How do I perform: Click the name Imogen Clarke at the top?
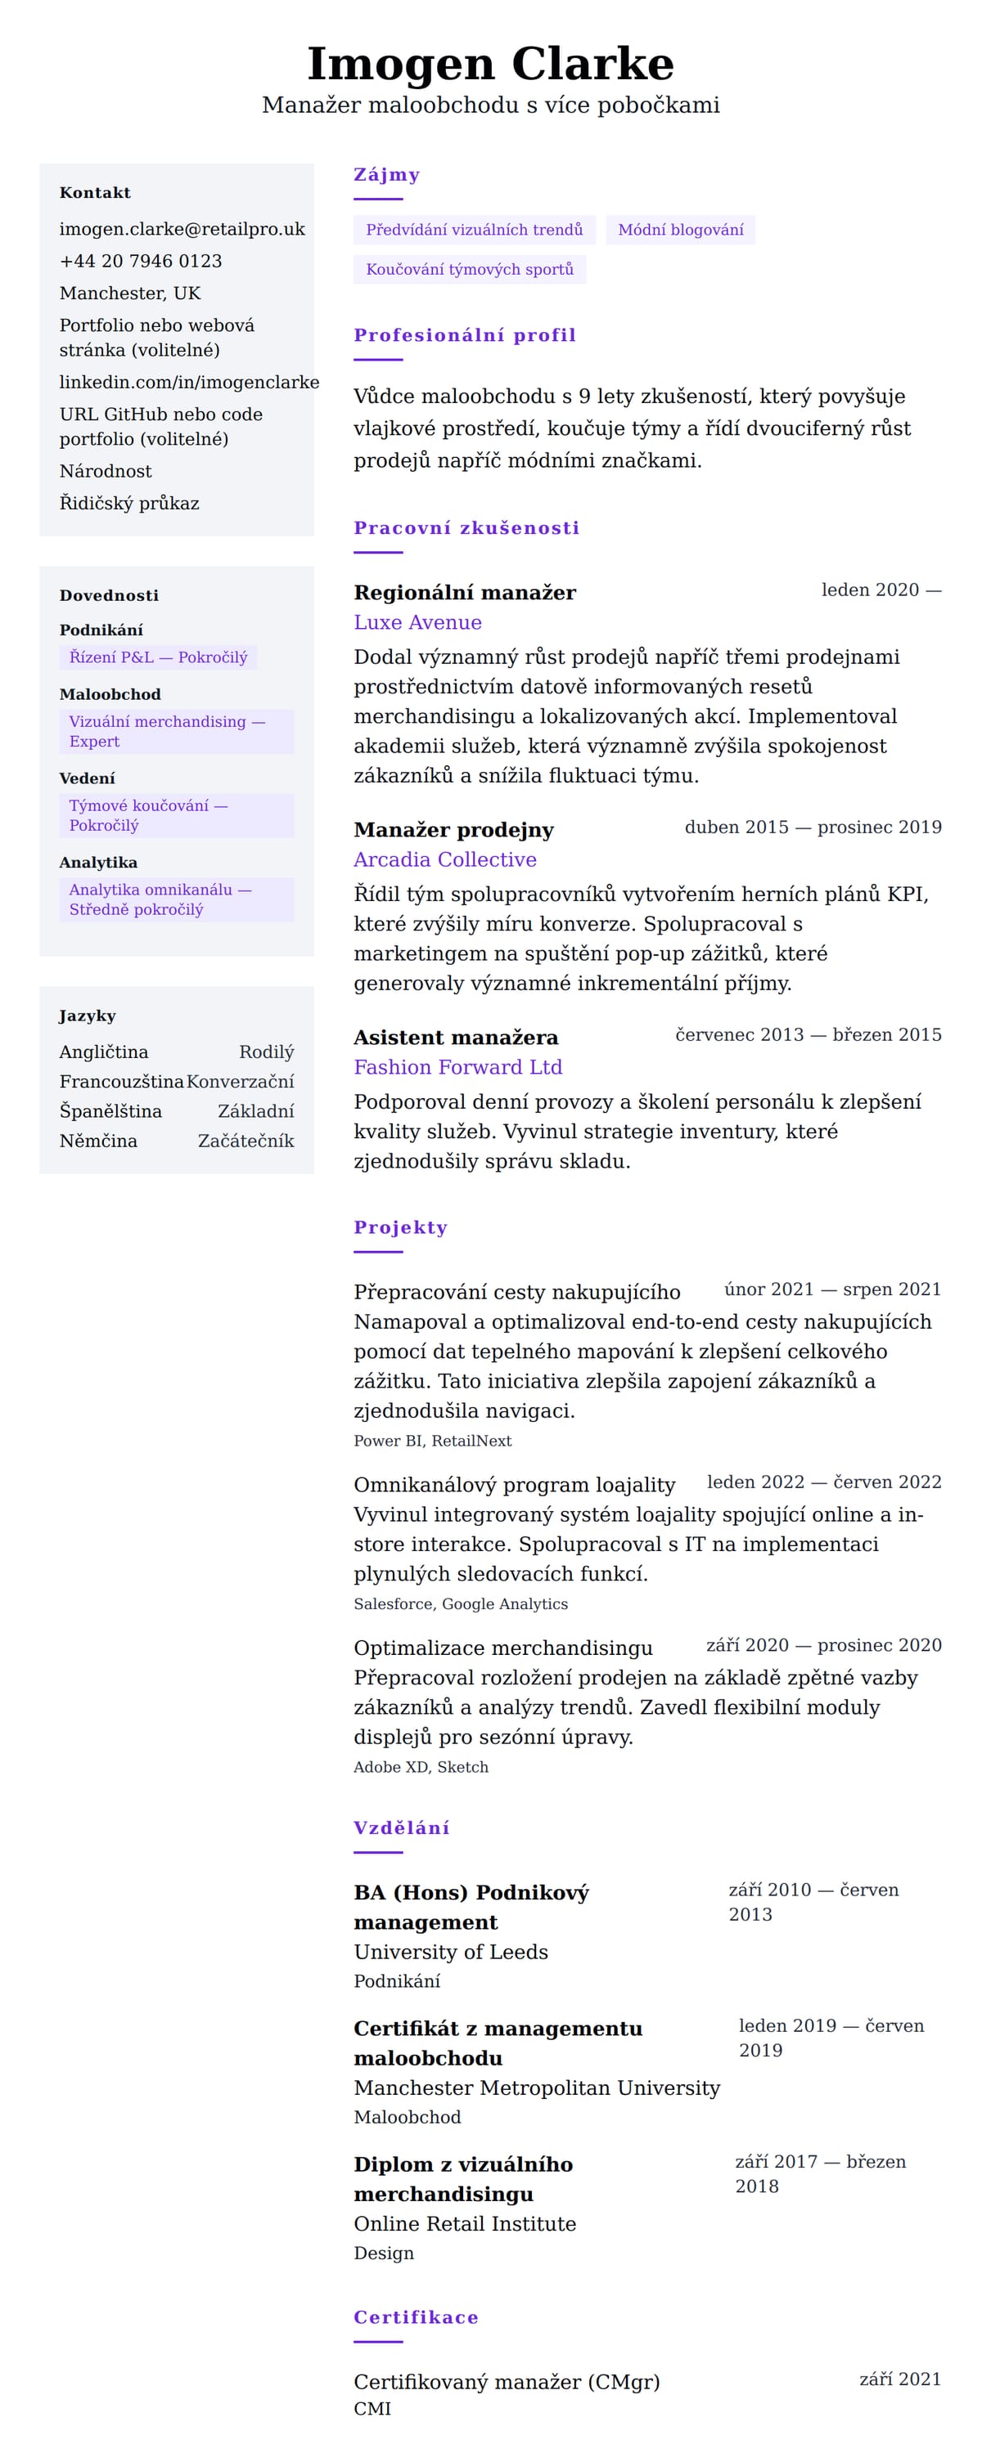tap(490, 64)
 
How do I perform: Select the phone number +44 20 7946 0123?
tap(141, 261)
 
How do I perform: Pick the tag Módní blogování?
tap(680, 231)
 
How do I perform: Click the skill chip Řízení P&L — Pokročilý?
tap(158, 657)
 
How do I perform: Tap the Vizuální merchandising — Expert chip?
tap(176, 731)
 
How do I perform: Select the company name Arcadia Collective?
tap(444, 859)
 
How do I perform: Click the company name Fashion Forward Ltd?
tap(457, 1066)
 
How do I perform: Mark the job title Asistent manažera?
tap(455, 1037)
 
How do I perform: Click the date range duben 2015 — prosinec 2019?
tap(812, 827)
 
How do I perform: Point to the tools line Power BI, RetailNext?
tap(432, 1440)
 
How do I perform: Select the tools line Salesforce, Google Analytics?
tap(460, 1603)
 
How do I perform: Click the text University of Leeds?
tap(450, 1952)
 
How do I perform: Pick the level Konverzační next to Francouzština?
tap(240, 1081)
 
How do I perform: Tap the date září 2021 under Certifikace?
tap(899, 2379)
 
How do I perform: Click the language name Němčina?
tap(98, 1140)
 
